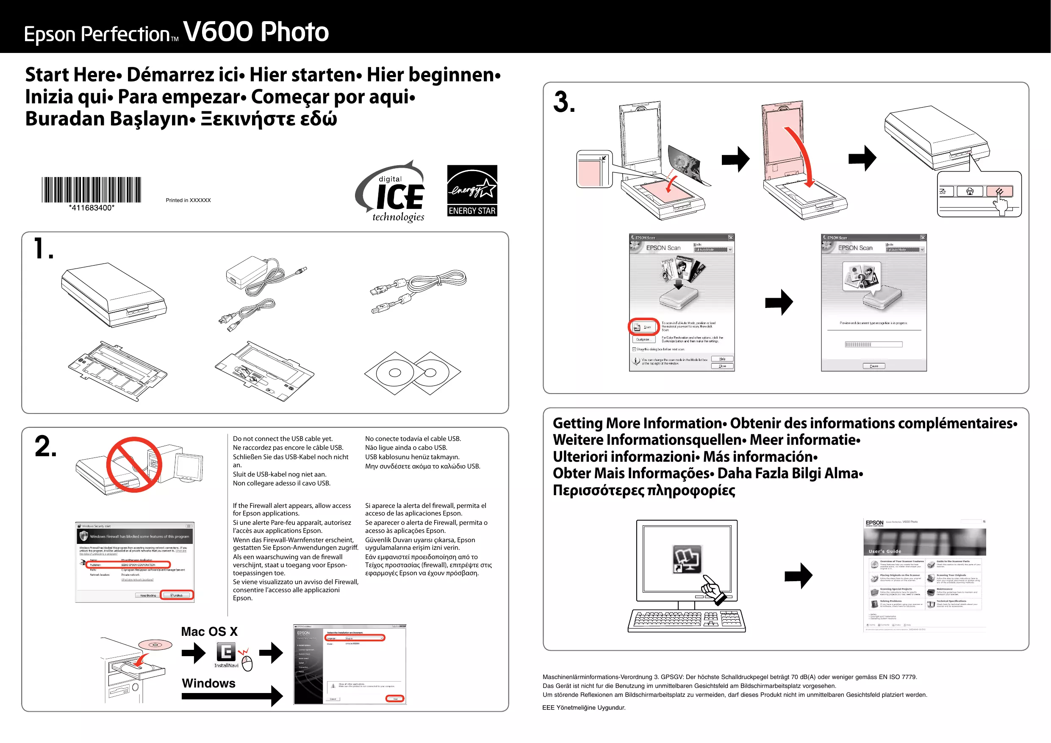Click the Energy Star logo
point(472,191)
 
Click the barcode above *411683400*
point(92,189)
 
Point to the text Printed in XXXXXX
point(188,200)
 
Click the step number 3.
point(564,102)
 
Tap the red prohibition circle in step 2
point(134,464)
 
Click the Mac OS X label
point(209,632)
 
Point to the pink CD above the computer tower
point(155,645)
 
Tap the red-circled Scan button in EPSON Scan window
point(643,327)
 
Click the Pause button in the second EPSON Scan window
point(874,366)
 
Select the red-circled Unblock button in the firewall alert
point(177,595)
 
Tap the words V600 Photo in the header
point(256,32)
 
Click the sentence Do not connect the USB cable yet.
point(283,438)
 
